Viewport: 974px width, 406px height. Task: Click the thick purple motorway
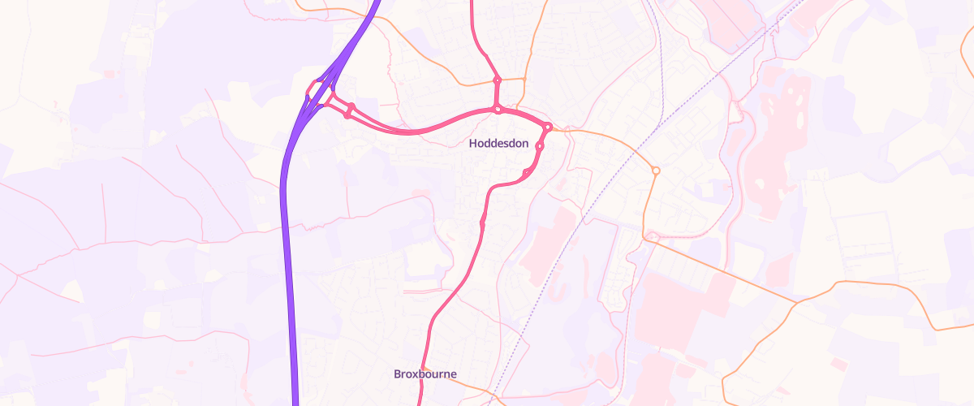287,244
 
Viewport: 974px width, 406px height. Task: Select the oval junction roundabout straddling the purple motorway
318,93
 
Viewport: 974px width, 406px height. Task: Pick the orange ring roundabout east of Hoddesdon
656,171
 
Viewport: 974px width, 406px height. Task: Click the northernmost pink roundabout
498,80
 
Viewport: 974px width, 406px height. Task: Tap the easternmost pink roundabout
548,127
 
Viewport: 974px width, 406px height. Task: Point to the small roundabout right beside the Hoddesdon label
539,146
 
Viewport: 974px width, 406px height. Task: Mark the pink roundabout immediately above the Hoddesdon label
498,109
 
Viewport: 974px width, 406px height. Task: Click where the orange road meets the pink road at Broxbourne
424,367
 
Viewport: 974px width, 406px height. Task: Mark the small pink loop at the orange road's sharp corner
651,236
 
